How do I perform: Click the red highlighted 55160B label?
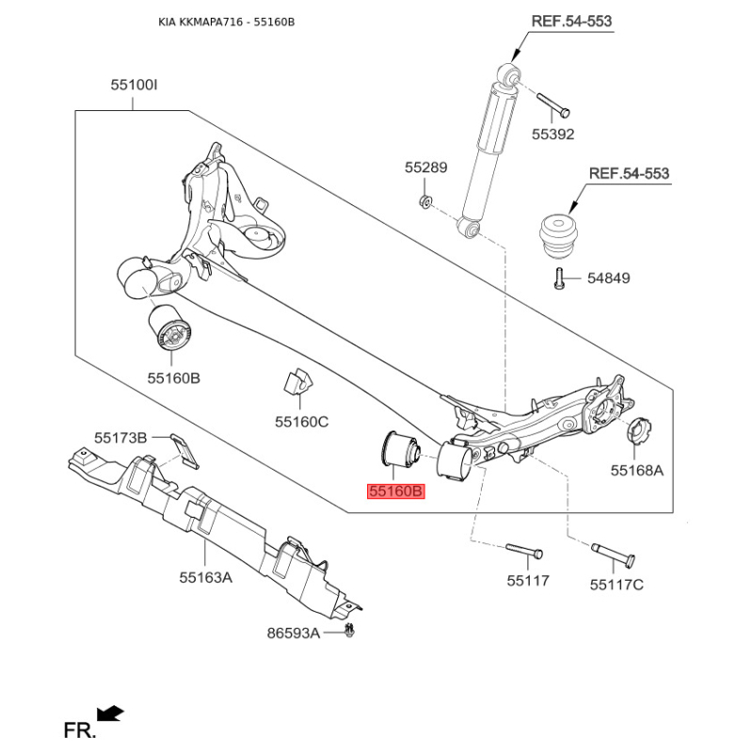click(x=396, y=491)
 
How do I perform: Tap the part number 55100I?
click(x=134, y=86)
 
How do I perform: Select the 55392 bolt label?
click(x=553, y=134)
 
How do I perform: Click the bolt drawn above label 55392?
click(x=550, y=104)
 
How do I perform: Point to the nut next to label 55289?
click(x=425, y=200)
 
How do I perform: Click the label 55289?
click(x=426, y=168)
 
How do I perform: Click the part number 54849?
click(x=608, y=279)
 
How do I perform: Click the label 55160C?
click(x=301, y=422)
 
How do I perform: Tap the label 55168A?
click(x=636, y=470)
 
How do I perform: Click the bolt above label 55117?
click(x=523, y=549)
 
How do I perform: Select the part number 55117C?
click(x=617, y=585)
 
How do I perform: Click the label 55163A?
click(x=205, y=577)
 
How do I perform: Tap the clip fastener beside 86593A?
click(x=351, y=632)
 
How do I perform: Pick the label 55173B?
click(x=120, y=438)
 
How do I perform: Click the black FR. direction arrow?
click(x=110, y=713)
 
